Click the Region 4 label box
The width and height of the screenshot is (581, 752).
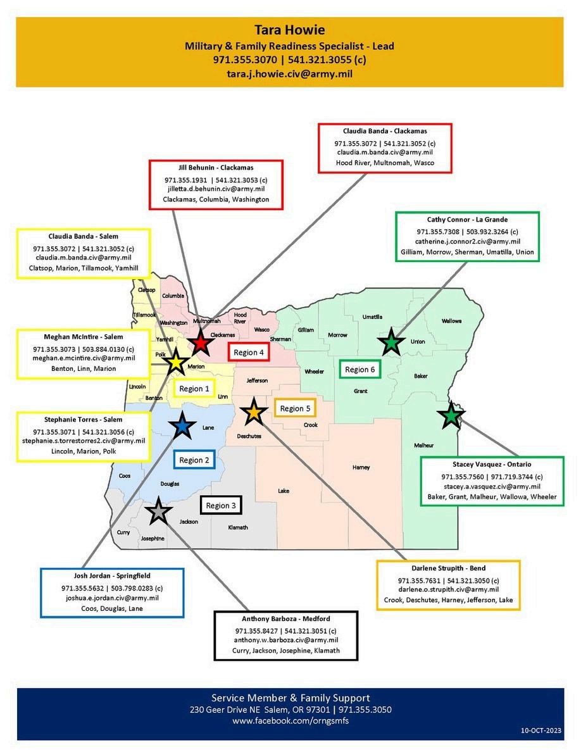(x=249, y=353)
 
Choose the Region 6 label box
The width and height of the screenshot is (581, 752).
(x=360, y=369)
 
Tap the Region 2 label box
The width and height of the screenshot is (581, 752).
(x=194, y=460)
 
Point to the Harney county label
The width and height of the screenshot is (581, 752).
(x=361, y=467)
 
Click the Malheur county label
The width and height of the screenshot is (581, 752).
(x=424, y=445)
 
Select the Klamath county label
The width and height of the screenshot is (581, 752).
(x=237, y=527)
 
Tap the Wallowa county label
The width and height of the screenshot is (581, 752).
(x=451, y=321)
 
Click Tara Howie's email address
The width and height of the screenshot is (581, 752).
(x=289, y=73)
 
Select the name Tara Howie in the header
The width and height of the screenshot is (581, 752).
(x=289, y=30)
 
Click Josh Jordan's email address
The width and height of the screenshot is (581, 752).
(x=113, y=598)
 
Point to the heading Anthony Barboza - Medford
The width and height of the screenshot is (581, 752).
(x=286, y=618)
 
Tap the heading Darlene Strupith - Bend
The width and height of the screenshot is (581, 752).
(x=448, y=568)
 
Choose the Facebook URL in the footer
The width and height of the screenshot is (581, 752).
(x=290, y=721)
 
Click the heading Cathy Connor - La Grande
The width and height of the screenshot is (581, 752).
(x=467, y=220)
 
